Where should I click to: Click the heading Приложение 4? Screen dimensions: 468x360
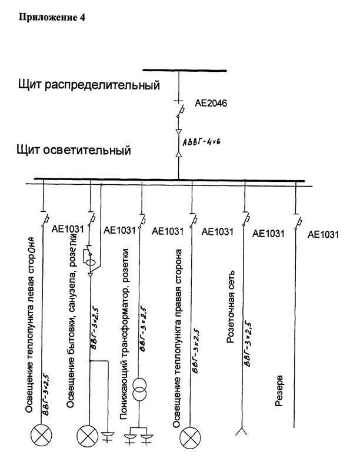pyautogui.click(x=52, y=18)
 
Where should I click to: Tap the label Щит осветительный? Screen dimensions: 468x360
pyautogui.click(x=74, y=151)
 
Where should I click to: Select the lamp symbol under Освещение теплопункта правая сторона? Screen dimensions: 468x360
pyautogui.click(x=189, y=436)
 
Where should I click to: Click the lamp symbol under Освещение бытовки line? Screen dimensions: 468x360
pyautogui.click(x=88, y=436)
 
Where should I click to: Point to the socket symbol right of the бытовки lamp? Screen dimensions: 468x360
pyautogui.click(x=108, y=436)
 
